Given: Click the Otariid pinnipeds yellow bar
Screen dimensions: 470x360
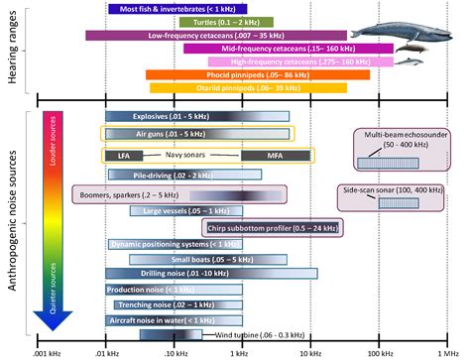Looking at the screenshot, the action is click(x=248, y=88).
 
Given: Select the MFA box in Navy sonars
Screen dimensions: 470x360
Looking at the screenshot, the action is click(x=275, y=156).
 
